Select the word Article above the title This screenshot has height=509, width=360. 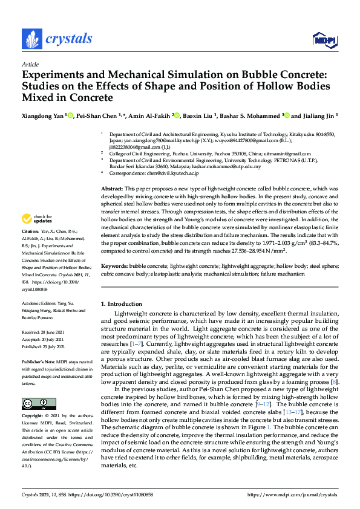[x=30, y=64]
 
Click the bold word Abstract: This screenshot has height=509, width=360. [x=113, y=172]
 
